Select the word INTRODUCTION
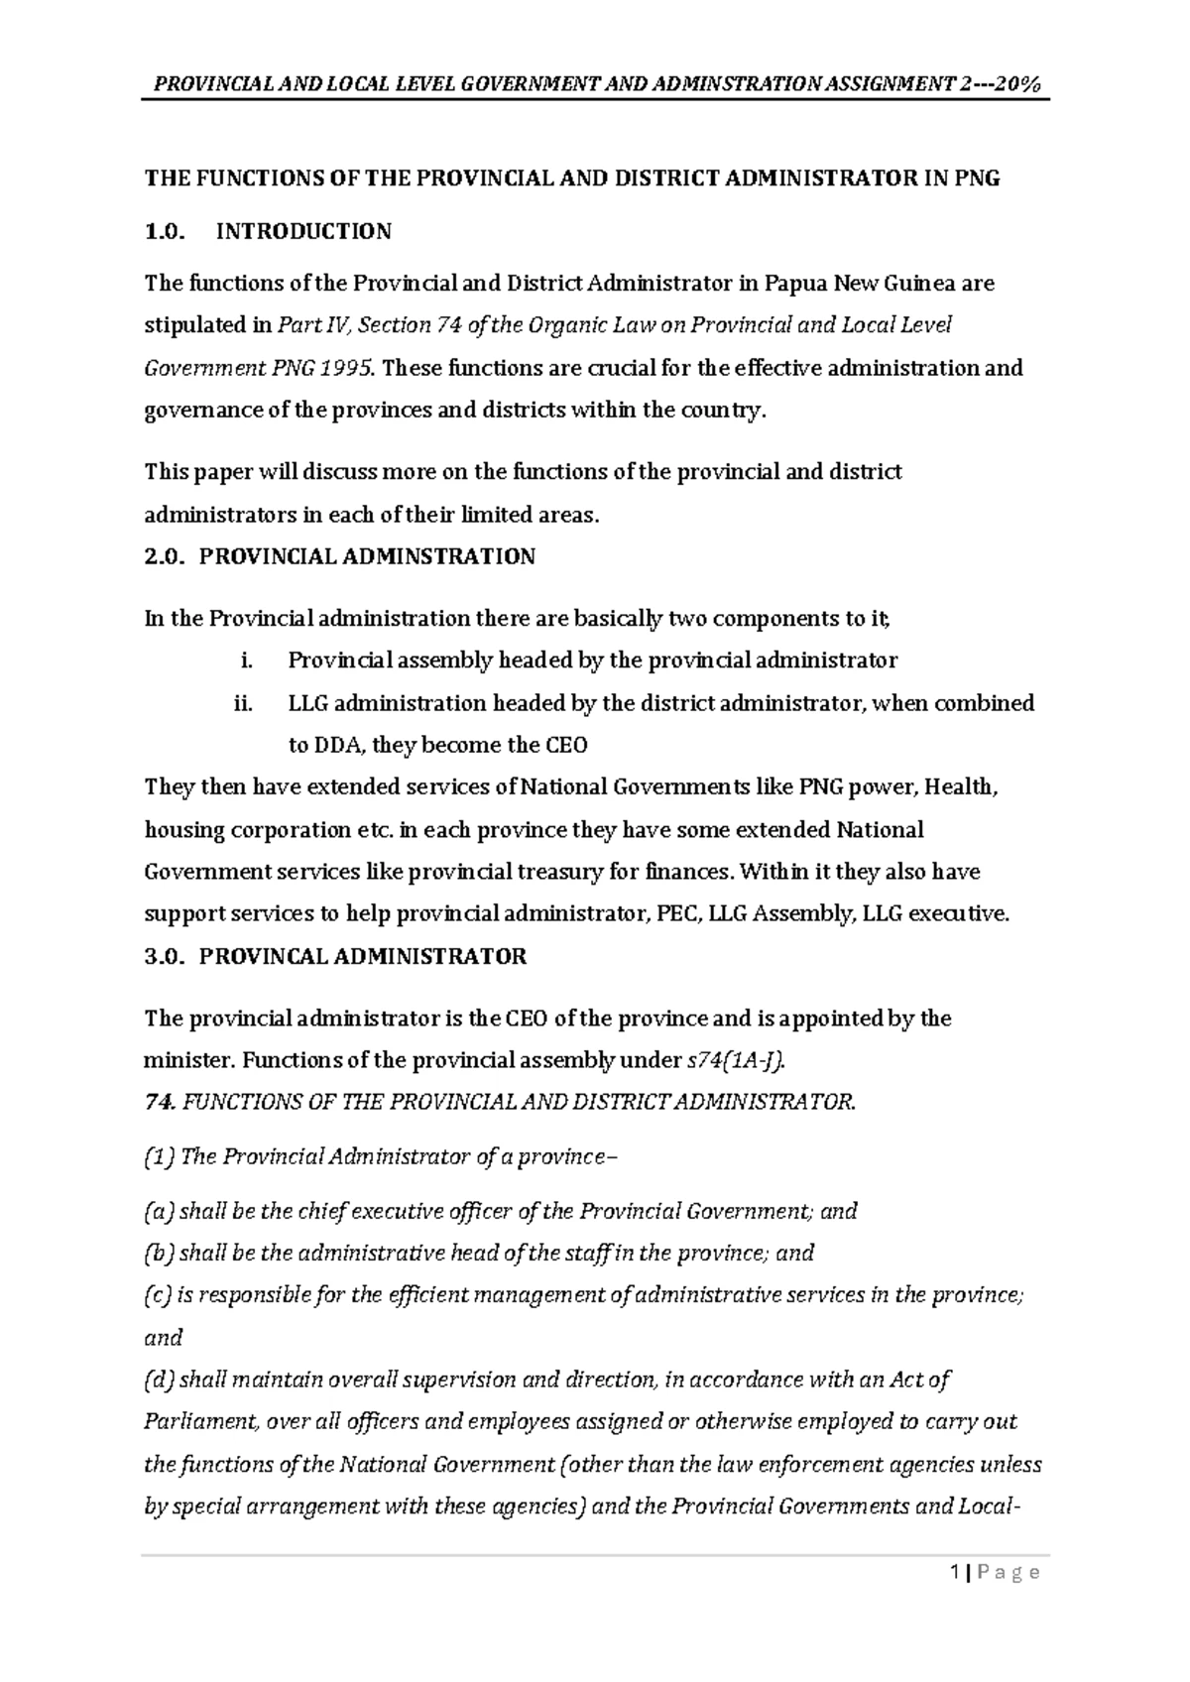(303, 232)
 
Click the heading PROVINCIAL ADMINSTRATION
(367, 556)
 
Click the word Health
(964, 787)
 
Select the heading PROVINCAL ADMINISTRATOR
(363, 957)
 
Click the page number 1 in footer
(954, 1573)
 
